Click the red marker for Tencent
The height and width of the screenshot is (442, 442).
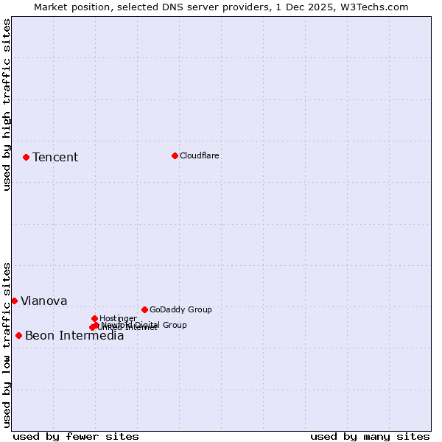26,157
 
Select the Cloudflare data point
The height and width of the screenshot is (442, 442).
175,155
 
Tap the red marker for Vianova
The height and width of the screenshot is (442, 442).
14,301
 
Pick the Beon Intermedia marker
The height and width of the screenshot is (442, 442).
18,335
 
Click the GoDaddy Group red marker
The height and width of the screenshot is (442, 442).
144,309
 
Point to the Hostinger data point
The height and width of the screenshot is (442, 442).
94,318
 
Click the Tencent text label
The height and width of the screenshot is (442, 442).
55,157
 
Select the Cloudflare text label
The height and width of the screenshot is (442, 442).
200,155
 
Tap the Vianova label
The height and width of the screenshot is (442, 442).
43,301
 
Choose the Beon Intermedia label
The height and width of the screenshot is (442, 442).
74,336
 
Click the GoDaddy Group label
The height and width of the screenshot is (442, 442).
180,309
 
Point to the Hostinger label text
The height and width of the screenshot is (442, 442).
118,318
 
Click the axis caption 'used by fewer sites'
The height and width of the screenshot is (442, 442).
76,436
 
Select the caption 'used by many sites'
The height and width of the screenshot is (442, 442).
370,436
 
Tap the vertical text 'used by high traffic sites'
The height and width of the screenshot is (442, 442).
7,105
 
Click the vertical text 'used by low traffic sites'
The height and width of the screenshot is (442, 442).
7,345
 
